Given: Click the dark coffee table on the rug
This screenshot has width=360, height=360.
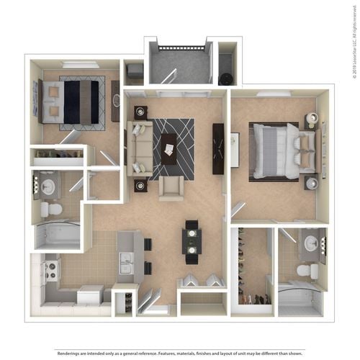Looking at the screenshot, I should pyautogui.click(x=168, y=149).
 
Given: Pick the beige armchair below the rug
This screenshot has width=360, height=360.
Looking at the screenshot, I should pyautogui.click(x=171, y=188).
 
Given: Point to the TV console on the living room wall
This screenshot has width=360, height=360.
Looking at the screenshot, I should pyautogui.click(x=218, y=148).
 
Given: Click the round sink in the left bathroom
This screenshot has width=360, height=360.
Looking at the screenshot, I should pyautogui.click(x=48, y=187).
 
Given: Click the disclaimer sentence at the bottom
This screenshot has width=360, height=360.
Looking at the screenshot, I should pyautogui.click(x=180, y=354).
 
